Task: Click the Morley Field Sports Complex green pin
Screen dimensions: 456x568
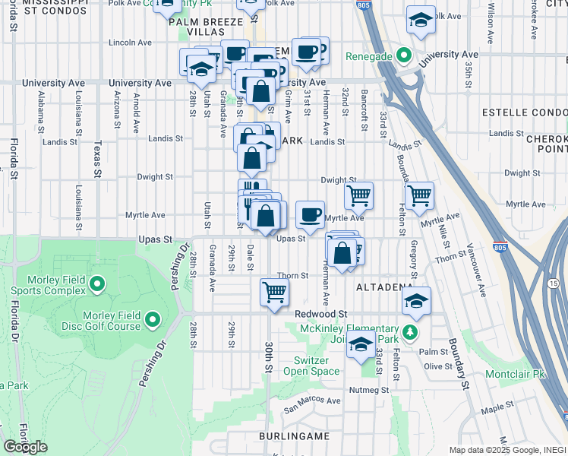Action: point(96,285)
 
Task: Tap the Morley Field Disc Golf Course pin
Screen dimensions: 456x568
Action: point(153,320)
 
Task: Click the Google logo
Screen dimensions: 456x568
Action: point(25,447)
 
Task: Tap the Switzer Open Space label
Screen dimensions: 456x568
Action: point(311,366)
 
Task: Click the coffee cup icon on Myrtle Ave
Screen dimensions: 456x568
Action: point(309,214)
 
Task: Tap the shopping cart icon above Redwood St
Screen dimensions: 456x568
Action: point(273,291)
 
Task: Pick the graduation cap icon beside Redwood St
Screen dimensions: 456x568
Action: point(416,300)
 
